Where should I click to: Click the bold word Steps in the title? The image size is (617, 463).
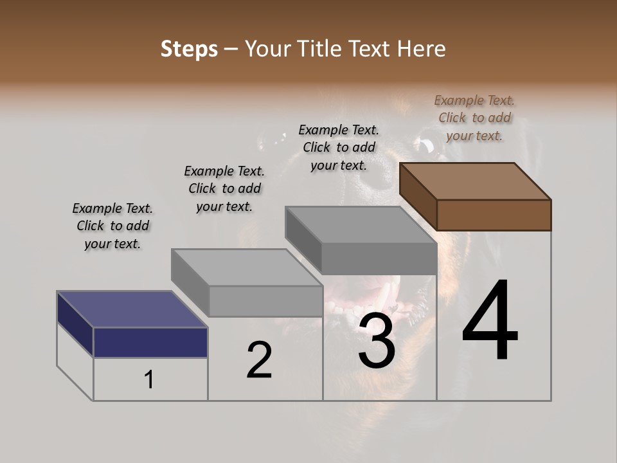[x=189, y=49]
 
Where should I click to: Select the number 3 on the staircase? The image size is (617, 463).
[x=377, y=341]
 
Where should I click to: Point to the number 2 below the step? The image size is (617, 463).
[x=259, y=360]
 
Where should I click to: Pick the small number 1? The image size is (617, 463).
[x=149, y=380]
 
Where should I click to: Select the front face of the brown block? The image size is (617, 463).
[x=494, y=215]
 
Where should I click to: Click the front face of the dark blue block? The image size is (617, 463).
[x=150, y=342]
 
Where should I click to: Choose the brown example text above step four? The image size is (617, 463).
[x=474, y=118]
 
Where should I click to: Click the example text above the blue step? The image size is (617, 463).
[x=112, y=226]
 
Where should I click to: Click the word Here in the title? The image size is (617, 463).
[x=422, y=49]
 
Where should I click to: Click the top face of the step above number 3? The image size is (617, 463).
[x=361, y=224]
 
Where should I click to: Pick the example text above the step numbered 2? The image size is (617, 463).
[x=224, y=188]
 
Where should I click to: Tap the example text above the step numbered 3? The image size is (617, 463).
[x=339, y=147]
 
